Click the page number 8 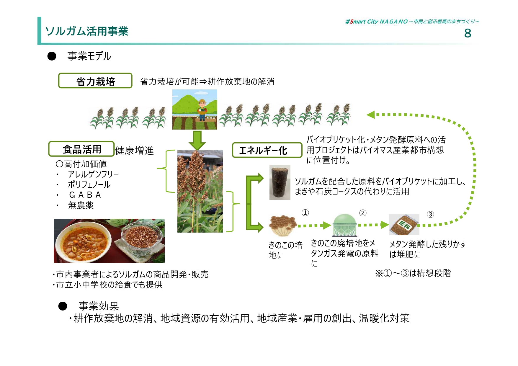(x=468, y=33)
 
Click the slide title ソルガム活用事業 (x=87, y=31)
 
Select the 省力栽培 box (x=95, y=81)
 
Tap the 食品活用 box (x=81, y=149)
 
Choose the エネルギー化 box (x=267, y=150)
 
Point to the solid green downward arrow (x=197, y=140)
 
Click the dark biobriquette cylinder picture (x=280, y=182)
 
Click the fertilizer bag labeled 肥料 (x=404, y=225)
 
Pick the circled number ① (x=305, y=213)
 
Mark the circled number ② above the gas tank (x=363, y=213)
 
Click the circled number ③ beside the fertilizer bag (x=430, y=215)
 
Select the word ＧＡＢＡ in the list (x=85, y=195)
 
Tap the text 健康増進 (x=135, y=151)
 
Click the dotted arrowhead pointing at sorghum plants (x=371, y=115)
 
